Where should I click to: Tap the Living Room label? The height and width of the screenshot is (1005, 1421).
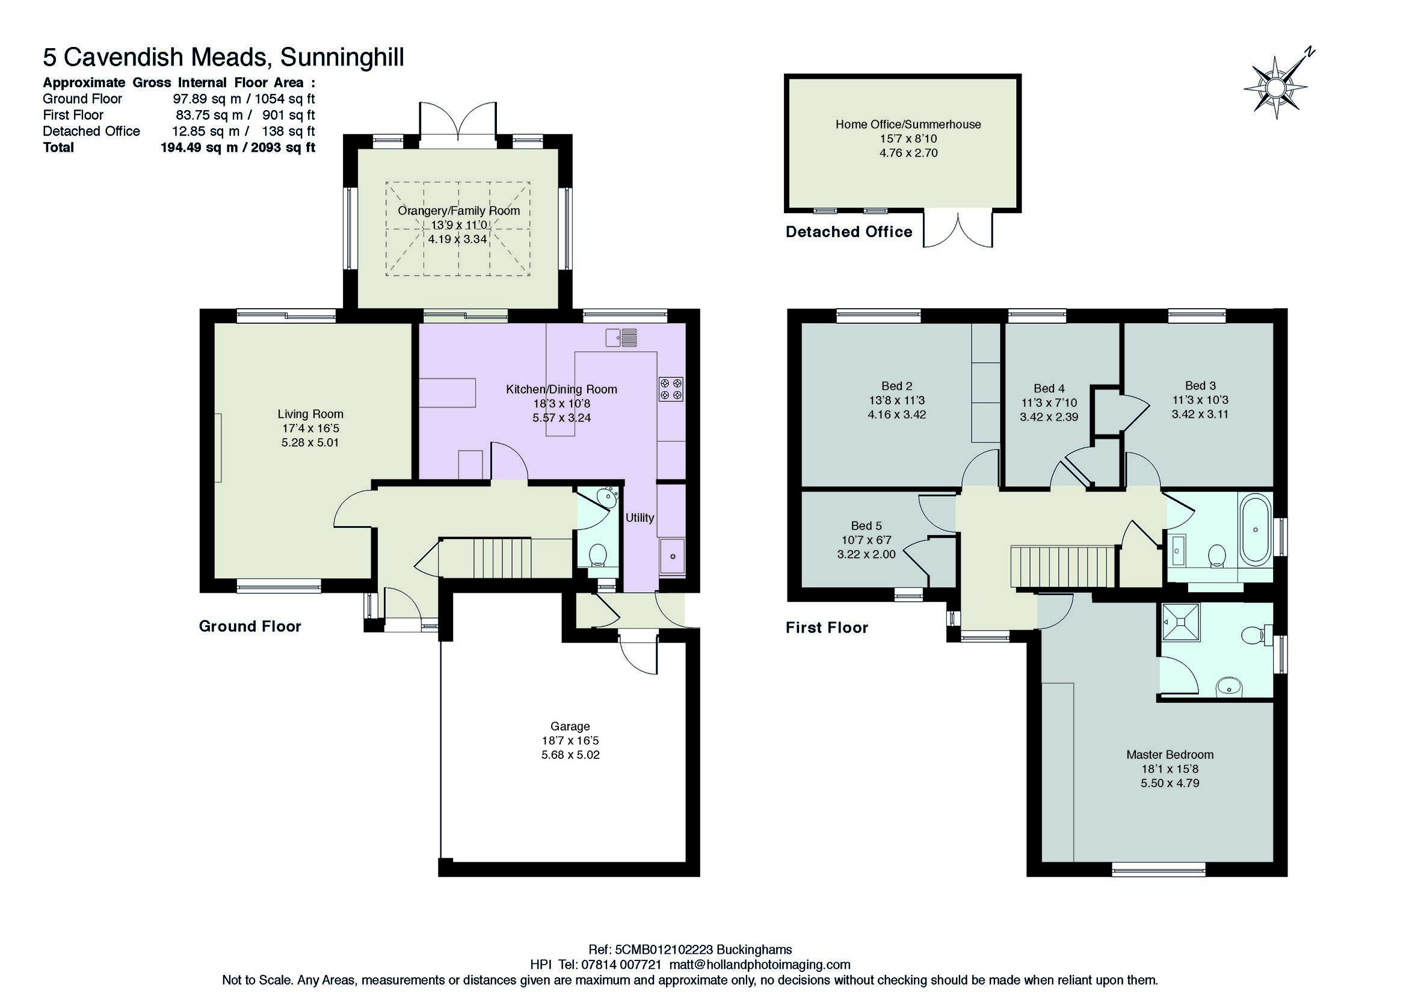(310, 414)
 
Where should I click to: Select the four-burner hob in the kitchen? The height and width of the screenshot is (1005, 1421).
(671, 388)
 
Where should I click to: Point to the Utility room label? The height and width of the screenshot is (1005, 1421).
(640, 518)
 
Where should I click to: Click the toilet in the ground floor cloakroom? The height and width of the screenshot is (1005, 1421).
(597, 555)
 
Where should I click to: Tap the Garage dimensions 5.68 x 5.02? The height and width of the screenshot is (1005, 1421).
(570, 755)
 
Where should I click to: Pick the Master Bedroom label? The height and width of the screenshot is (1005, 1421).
(1170, 755)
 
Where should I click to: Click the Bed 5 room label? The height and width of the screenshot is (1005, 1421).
(866, 526)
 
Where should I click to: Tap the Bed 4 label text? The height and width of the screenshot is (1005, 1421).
(1049, 388)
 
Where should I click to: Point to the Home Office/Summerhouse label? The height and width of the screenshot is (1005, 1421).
(908, 125)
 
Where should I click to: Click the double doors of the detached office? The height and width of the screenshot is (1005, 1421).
(958, 230)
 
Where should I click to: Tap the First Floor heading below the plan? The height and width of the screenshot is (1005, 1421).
(827, 628)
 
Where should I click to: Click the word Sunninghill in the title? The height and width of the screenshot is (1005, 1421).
(342, 57)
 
